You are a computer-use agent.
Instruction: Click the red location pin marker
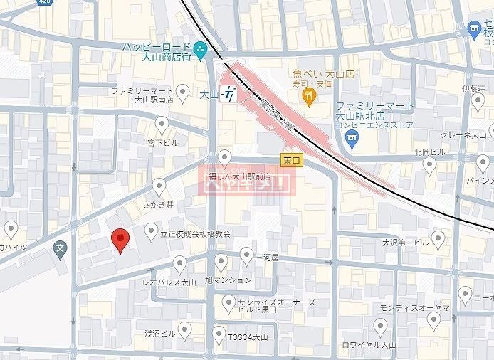pos(120,240)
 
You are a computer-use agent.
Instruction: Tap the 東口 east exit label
pos(290,162)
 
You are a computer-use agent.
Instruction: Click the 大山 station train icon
pos(229,93)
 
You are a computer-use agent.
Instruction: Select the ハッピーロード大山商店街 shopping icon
pos(201,50)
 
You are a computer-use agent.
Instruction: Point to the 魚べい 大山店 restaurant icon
pos(309,98)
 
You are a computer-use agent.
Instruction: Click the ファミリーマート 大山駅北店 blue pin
pos(351,142)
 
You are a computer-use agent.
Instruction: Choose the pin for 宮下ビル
pos(162,126)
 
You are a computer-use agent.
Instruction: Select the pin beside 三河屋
pos(246,255)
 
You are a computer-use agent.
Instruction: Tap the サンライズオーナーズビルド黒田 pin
pos(228,304)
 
